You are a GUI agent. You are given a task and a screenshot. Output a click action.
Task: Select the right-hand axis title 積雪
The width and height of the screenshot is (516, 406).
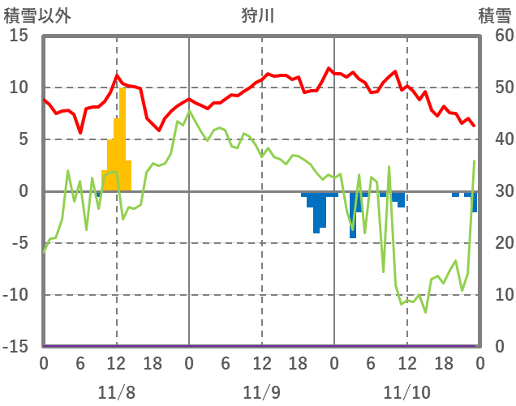(x=494, y=15)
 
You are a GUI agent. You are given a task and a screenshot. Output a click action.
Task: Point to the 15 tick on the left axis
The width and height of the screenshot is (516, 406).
(x=19, y=36)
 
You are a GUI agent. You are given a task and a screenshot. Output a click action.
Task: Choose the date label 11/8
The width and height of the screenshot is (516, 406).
(x=116, y=393)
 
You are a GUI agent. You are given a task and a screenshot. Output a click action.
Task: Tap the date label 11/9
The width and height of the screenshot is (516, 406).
(x=261, y=393)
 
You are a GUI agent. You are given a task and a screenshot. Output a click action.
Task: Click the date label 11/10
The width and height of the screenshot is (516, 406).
(x=407, y=393)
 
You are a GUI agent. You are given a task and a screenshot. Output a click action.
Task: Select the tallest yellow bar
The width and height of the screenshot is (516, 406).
(x=123, y=138)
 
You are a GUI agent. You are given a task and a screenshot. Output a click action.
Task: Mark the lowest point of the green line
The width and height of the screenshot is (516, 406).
(x=425, y=312)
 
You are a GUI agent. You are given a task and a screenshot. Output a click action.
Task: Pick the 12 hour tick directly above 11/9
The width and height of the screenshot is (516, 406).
(x=261, y=363)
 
